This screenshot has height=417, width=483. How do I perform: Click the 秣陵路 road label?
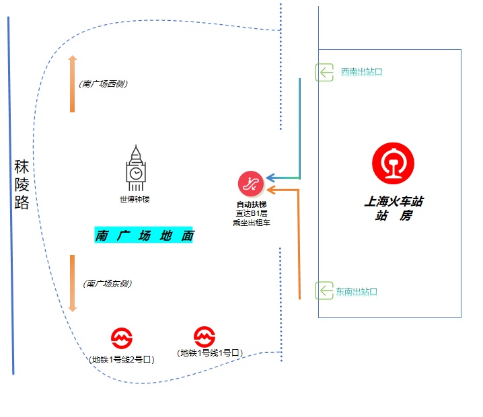pyautogui.click(x=22, y=184)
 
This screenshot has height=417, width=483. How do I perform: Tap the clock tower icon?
pyautogui.click(x=135, y=168)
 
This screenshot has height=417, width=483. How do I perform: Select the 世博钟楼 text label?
pyautogui.click(x=135, y=199)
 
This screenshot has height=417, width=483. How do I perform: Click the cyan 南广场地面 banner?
pyautogui.click(x=143, y=235)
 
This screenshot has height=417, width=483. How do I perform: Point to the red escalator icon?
pyautogui.click(x=251, y=184)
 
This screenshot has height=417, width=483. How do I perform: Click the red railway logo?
pyautogui.click(x=393, y=163)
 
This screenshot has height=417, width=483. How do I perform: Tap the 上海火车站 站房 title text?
pyautogui.click(x=394, y=208)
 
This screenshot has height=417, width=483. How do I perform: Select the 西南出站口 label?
pyautogui.click(x=361, y=72)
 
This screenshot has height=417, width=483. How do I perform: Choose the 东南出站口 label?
pyautogui.click(x=357, y=292)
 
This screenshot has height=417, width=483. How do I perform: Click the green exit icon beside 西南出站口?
pyautogui.click(x=324, y=73)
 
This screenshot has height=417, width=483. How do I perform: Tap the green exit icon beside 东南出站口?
pyautogui.click(x=324, y=291)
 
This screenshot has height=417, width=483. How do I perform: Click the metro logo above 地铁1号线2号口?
pyautogui.click(x=122, y=338)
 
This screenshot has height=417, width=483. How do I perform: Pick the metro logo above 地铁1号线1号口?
pyautogui.click(x=205, y=336)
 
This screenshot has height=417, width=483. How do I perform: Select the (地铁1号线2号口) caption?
pyautogui.click(x=121, y=359)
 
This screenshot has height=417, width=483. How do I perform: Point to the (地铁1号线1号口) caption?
pyautogui.click(x=210, y=352)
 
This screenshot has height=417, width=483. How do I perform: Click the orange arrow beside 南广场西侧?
pyautogui.click(x=73, y=84)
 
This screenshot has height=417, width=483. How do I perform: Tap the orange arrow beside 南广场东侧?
pyautogui.click(x=73, y=283)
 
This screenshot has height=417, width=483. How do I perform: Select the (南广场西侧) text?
pyautogui.click(x=103, y=84)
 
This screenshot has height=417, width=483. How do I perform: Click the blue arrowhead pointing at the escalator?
pyautogui.click(x=270, y=178)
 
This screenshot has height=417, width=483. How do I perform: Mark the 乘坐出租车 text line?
pyautogui.click(x=252, y=223)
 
